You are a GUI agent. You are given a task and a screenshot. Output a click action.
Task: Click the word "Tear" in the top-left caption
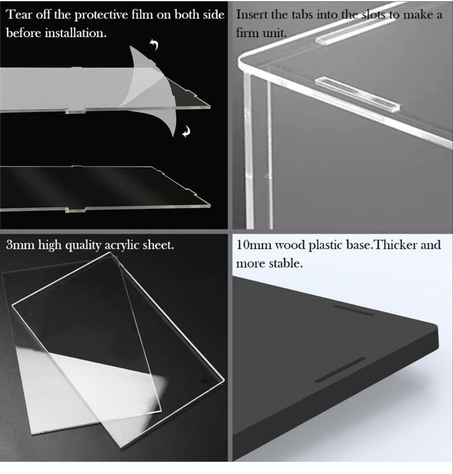pos(19,15)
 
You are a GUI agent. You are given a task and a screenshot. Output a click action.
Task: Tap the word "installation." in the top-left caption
pos(76,33)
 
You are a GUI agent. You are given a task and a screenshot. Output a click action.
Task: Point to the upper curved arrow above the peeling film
pos(154,44)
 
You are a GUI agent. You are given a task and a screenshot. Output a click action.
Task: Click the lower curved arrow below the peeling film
pos(186,132)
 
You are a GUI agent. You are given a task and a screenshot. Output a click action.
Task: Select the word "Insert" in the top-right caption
pos(251,15)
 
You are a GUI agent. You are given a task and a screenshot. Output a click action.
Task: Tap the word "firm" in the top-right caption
pos(247,33)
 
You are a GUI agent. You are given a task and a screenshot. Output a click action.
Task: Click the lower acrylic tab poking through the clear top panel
pos(357,94)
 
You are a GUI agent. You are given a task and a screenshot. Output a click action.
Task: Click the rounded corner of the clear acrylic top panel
pos(241,61)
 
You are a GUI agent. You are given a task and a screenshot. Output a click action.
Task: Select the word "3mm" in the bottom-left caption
pos(21,245)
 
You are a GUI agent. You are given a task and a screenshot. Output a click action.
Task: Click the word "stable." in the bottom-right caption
pos(286,263)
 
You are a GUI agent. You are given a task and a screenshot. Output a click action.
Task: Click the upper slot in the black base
pos(354,310)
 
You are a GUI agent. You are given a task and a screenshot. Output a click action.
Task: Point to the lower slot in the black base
pos(341,370)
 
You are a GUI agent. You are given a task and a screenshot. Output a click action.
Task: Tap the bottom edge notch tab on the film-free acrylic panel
pos(76,209)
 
